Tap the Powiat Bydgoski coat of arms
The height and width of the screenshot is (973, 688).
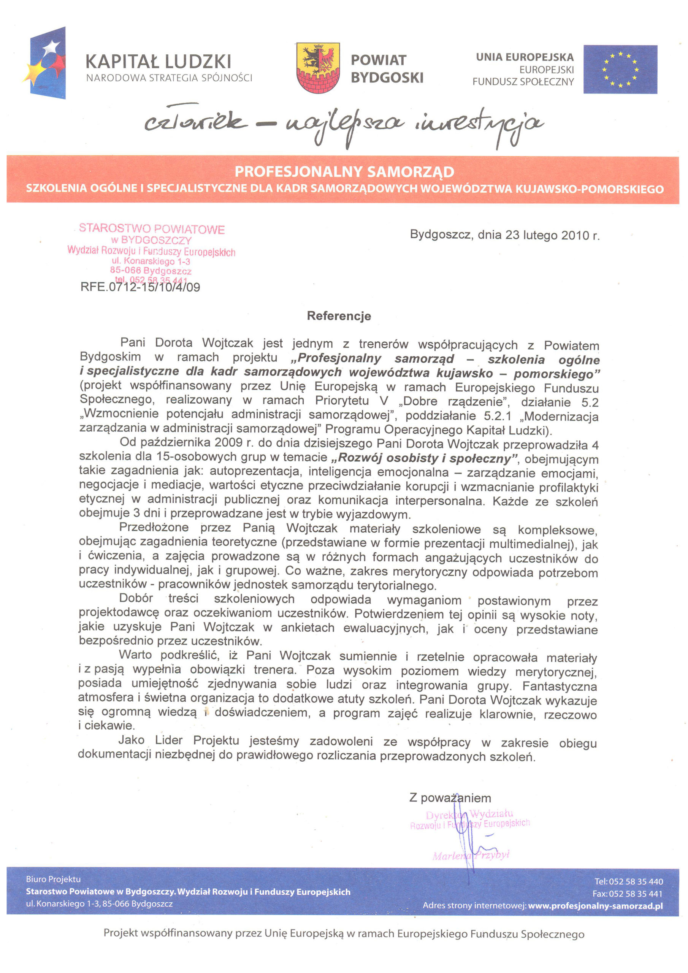[318, 67]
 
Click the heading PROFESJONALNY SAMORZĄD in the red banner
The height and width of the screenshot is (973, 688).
[344, 172]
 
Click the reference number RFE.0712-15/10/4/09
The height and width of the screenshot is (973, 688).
[140, 287]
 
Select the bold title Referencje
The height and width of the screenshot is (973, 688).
[339, 316]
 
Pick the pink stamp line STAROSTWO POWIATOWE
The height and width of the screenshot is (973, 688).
[152, 229]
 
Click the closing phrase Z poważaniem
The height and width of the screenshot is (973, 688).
[450, 798]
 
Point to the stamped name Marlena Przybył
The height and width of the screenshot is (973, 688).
[471, 855]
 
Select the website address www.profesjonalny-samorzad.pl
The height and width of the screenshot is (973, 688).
[595, 906]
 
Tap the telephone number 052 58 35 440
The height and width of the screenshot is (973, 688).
[636, 881]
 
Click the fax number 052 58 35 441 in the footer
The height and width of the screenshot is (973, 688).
[636, 894]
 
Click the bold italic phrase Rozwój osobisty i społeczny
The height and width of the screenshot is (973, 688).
[424, 458]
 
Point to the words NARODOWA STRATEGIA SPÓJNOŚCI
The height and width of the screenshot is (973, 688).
[169, 78]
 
